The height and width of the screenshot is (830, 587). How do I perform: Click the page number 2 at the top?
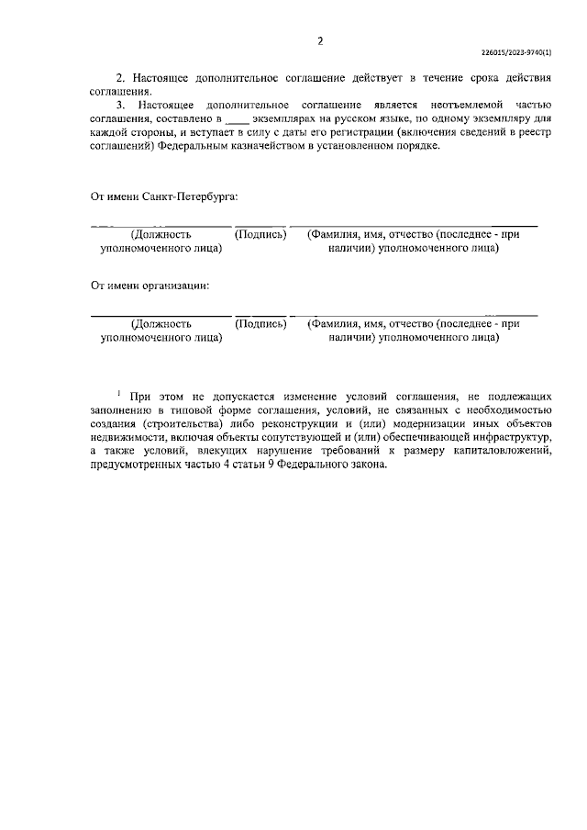[320, 40]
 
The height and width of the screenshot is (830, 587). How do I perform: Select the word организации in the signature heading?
[177, 285]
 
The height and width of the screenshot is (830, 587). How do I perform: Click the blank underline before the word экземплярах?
[236, 119]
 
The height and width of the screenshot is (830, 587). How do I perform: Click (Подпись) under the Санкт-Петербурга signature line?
[261, 235]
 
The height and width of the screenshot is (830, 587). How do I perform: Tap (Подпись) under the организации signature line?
[261, 323]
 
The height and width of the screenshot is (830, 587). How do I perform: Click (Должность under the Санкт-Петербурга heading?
[161, 235]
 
